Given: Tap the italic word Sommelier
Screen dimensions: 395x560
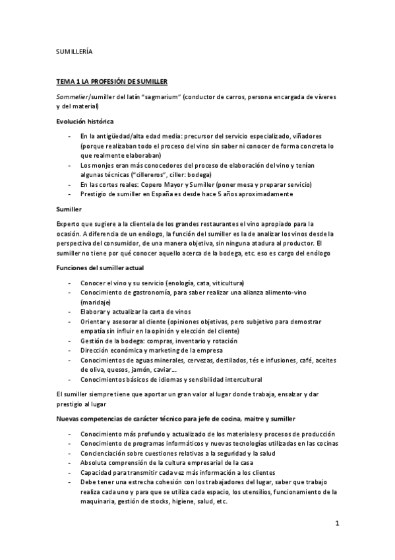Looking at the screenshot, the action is [x=74, y=96].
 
